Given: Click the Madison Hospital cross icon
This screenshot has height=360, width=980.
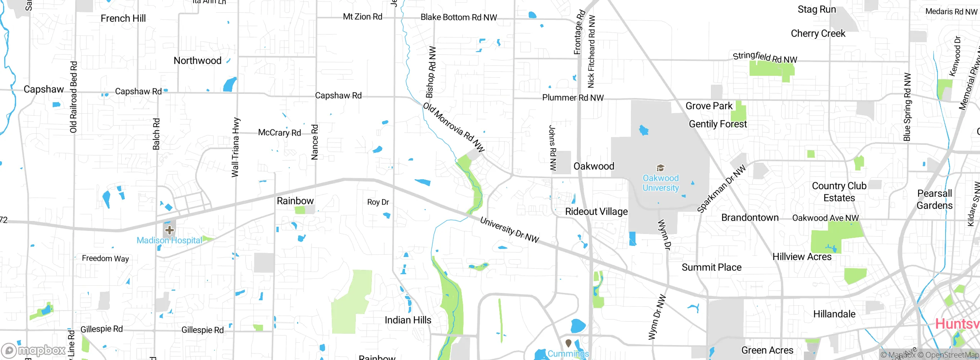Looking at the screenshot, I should [170, 230].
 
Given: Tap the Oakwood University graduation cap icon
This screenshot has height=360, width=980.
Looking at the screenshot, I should [660, 168].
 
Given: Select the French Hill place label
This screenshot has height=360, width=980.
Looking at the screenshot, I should [123, 18].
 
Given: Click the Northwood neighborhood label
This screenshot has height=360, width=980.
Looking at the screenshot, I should [198, 61].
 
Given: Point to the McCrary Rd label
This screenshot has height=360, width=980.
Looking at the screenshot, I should [279, 133].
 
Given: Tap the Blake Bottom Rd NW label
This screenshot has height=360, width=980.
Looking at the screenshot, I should [459, 17].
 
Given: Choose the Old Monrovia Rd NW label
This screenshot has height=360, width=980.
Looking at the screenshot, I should [454, 127].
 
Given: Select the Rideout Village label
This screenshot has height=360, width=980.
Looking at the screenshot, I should [596, 211].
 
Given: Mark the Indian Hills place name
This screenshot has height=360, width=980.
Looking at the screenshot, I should [408, 320].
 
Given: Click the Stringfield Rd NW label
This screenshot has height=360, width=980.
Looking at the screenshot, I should [765, 57].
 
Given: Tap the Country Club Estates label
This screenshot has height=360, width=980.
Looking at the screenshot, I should [839, 192].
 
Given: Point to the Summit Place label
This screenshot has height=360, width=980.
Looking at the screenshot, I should [711, 267].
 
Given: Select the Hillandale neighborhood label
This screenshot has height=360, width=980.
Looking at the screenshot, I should [834, 314].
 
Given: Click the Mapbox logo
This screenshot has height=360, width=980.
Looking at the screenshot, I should [34, 350].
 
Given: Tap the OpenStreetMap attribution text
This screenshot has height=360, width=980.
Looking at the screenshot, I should [952, 355].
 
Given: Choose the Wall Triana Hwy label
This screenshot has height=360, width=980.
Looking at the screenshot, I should [235, 147].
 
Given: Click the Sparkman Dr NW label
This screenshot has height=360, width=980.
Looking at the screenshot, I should [721, 189].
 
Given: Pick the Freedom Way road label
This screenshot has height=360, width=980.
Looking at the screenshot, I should [105, 259].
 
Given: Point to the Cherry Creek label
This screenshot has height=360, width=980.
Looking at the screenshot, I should [818, 34].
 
